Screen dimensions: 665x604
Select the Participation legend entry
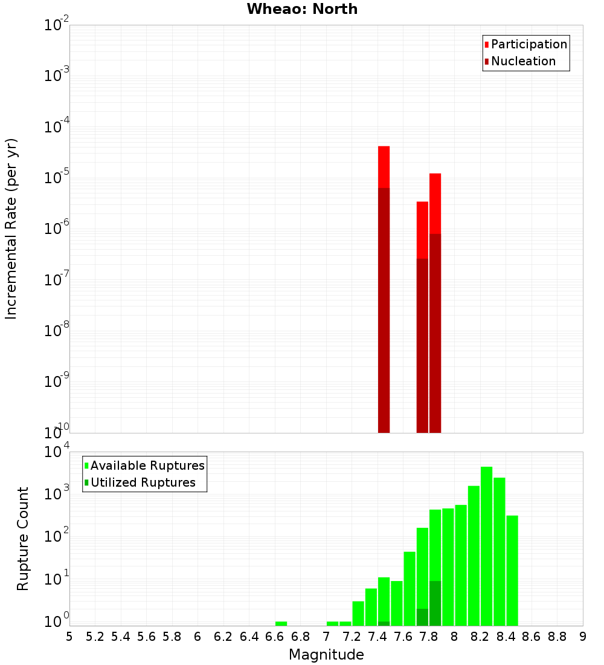pos(526,44)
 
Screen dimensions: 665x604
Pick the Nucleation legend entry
pos(520,61)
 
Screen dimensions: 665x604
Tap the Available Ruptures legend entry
pos(144,465)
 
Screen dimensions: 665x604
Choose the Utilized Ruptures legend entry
pos(140,482)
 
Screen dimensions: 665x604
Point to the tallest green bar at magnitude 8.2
pos(486,544)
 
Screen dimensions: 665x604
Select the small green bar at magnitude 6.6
pos(281,623)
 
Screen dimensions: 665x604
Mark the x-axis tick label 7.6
pos(403,637)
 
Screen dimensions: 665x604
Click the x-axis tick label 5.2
pos(95,637)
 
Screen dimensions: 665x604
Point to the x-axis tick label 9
pos(583,637)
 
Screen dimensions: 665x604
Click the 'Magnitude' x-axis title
pos(326,655)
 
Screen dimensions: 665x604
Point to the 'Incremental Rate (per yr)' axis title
pos(12,229)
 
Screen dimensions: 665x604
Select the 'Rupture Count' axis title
pos(23,539)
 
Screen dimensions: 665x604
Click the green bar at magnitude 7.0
pos(332,623)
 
